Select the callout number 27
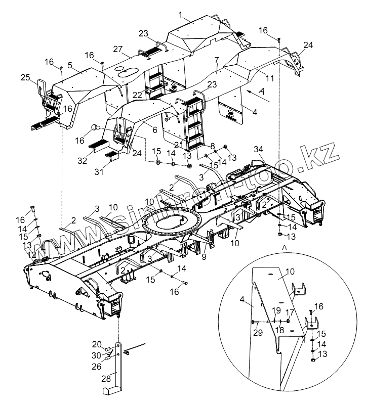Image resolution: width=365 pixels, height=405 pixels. click(x=118, y=50)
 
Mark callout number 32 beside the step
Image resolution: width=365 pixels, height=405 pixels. click(x=82, y=160)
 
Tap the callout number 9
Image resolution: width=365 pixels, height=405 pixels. click(x=204, y=257)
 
